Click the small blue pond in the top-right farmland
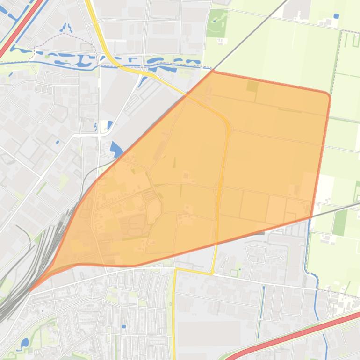336,16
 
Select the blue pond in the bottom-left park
24,343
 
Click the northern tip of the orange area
213,72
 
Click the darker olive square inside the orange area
252,86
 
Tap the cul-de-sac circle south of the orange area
282,258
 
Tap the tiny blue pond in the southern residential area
123,326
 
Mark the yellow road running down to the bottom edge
173,323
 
